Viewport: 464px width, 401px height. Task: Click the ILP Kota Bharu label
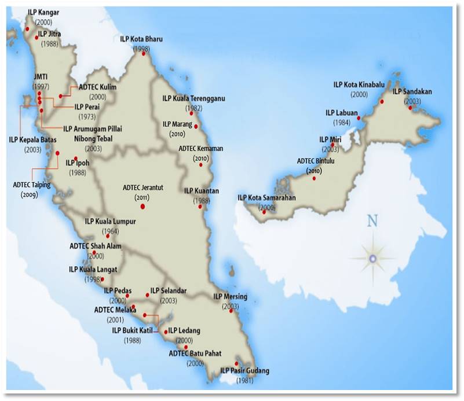point(141,39)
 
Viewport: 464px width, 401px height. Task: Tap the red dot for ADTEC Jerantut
point(143,207)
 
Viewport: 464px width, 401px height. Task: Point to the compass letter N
point(372,220)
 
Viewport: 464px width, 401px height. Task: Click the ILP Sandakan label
point(412,91)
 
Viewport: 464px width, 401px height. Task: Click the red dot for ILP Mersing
point(231,311)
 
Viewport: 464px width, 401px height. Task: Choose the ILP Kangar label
point(43,12)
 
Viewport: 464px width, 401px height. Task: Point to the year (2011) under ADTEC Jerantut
point(142,197)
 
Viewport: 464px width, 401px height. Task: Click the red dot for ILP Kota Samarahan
point(264,212)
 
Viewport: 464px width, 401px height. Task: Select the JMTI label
point(41,76)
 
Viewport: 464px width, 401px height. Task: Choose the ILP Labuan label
point(341,112)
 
